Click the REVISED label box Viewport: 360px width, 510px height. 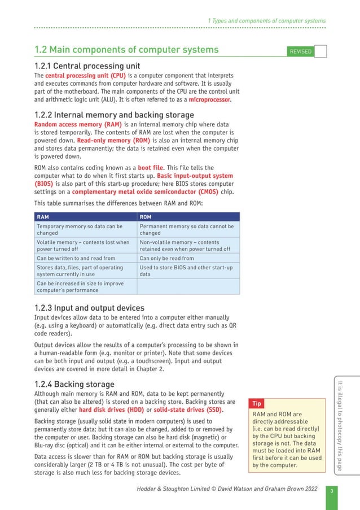(x=300, y=51)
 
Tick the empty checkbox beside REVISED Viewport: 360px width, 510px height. (x=320, y=51)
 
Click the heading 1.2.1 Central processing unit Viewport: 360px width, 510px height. (x=87, y=66)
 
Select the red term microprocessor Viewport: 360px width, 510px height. (x=209, y=99)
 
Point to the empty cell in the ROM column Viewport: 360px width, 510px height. (x=188, y=286)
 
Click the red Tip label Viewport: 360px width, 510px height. (x=257, y=404)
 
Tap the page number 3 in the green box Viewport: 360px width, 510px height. (x=332, y=490)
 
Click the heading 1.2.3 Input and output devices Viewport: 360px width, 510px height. (x=89, y=308)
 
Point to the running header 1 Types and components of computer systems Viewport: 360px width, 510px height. (x=266, y=21)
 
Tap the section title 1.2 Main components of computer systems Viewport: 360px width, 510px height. (x=126, y=51)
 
